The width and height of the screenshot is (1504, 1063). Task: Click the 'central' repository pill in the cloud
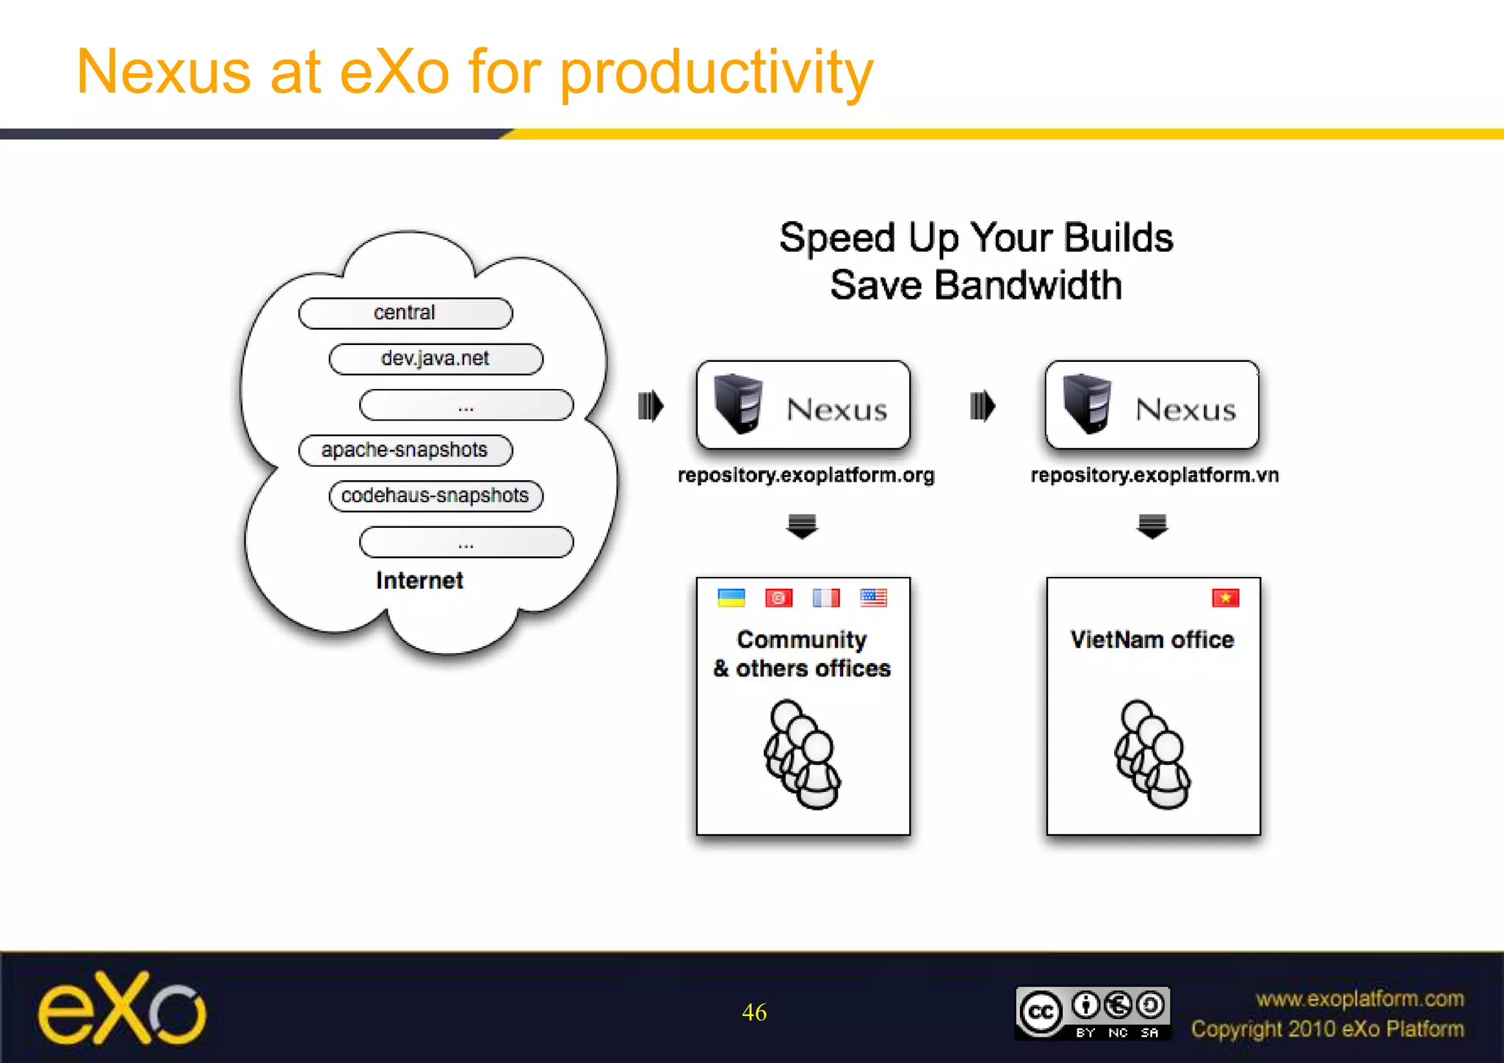point(405,313)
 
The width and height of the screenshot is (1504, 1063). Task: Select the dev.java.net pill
point(435,359)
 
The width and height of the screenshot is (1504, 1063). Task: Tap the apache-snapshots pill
point(405,450)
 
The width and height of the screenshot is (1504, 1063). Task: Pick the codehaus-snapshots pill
point(435,496)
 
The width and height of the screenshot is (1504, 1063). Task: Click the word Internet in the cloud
point(419,581)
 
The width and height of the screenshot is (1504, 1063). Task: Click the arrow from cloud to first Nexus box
point(651,406)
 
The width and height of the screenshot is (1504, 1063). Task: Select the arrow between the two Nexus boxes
point(982,406)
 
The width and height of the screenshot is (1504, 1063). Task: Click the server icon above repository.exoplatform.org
point(739,403)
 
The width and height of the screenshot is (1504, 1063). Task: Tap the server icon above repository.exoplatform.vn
point(1088,403)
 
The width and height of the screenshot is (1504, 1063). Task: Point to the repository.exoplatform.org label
point(806,476)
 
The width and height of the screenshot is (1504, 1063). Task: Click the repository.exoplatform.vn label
point(1154,476)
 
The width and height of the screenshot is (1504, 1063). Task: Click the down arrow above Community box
point(802,526)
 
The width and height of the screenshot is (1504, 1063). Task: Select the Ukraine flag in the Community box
point(731,598)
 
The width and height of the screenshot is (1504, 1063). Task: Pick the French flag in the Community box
point(826,598)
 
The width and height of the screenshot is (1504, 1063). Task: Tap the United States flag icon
point(873,598)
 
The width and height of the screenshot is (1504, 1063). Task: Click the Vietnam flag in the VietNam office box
point(1226,598)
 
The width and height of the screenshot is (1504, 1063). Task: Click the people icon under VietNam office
point(1152,755)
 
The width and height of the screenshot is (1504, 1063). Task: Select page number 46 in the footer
point(754,1012)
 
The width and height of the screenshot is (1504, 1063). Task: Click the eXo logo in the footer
point(122,1009)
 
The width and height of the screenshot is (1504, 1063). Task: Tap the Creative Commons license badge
point(1093,1013)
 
